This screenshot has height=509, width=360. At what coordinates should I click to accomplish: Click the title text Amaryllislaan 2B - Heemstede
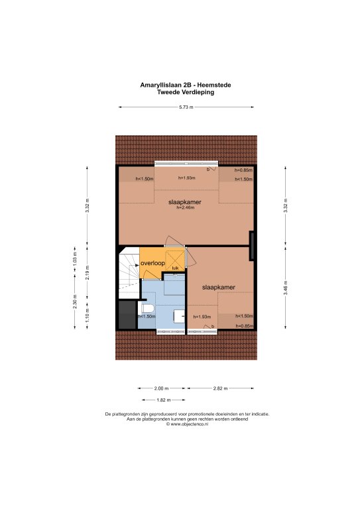186,85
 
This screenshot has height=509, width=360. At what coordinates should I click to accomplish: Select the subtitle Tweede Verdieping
186,92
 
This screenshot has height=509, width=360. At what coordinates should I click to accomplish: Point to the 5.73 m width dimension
186,107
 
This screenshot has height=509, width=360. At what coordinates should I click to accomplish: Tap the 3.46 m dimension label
286,288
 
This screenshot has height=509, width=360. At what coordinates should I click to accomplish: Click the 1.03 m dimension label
75,259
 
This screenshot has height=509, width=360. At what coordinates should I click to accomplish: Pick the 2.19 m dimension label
88,272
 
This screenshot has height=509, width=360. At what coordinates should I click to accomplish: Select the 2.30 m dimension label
75,302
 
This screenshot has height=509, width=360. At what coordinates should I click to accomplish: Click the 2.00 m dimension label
161,388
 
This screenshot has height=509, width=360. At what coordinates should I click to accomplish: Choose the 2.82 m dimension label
220,388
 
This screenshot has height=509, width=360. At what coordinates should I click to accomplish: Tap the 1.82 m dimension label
164,400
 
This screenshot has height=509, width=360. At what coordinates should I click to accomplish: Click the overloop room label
152,263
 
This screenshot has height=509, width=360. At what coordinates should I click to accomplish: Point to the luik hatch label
175,268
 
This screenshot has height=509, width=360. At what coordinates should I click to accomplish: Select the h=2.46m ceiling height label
186,207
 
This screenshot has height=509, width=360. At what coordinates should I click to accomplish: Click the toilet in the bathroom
147,310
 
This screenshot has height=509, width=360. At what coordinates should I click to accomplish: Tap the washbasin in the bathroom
179,316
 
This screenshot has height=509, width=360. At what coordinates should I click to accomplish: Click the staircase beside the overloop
129,272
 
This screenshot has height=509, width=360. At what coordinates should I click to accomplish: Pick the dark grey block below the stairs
127,315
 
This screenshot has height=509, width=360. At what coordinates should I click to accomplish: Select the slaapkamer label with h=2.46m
185,202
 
